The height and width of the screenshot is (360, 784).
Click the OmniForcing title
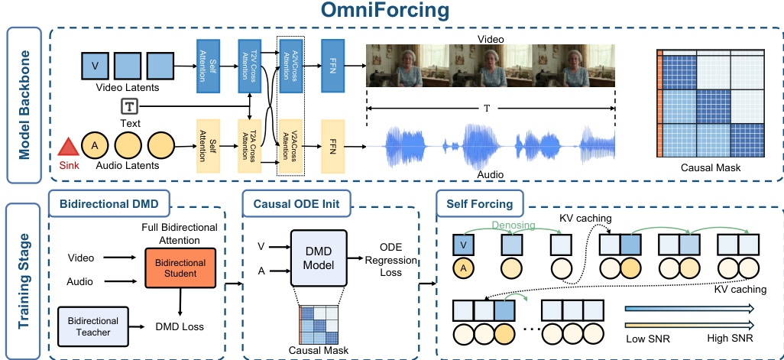tap(391, 13)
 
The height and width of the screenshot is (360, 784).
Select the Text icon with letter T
tap(129, 107)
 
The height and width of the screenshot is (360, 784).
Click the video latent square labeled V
tap(95, 66)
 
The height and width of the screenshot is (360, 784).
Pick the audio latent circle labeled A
tap(94, 145)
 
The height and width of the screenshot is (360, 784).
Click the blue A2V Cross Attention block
tap(290, 66)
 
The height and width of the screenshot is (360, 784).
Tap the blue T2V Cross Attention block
tap(251, 66)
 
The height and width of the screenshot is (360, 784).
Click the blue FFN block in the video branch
tap(334, 66)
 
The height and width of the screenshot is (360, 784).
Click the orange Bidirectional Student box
tap(182, 268)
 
